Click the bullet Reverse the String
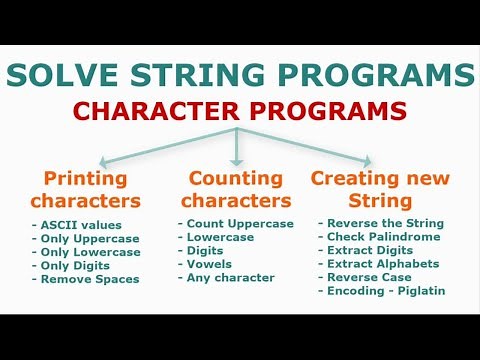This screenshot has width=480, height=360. [x=383, y=222]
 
